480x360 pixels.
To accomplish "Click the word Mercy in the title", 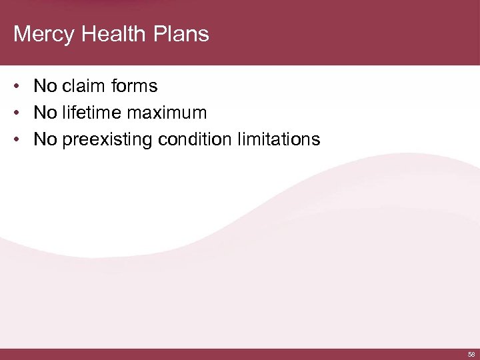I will [43, 34].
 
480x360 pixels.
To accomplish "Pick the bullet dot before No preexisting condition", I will [21, 140].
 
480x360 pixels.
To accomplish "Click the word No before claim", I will [45, 86].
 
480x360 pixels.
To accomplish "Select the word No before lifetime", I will [45, 113].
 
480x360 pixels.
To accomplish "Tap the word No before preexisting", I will [45, 139].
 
